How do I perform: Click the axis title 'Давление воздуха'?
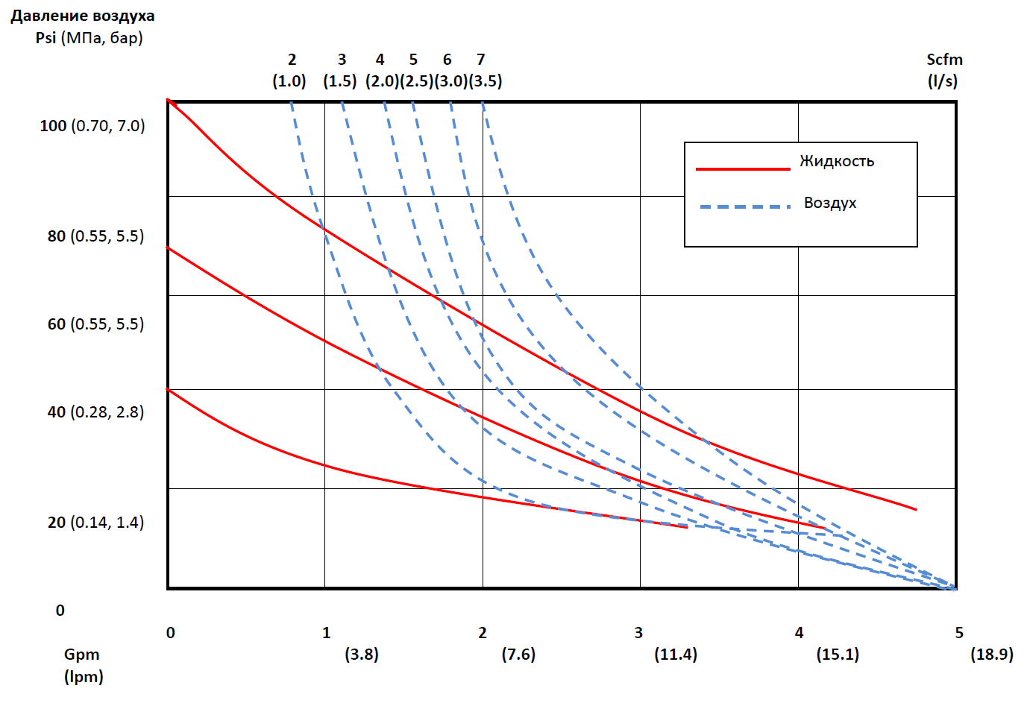click(x=83, y=16)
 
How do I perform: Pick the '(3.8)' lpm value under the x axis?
click(x=362, y=654)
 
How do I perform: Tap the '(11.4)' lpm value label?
click(x=676, y=654)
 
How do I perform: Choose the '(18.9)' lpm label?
click(x=992, y=654)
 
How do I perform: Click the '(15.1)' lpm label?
click(x=838, y=654)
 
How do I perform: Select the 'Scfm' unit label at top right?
click(x=944, y=60)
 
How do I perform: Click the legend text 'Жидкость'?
click(x=838, y=161)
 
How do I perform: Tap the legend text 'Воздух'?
click(x=830, y=203)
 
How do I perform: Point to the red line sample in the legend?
click(x=743, y=169)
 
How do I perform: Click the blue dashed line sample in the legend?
click(x=745, y=207)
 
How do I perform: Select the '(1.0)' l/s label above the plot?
click(x=289, y=81)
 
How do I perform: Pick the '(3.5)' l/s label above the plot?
click(x=486, y=81)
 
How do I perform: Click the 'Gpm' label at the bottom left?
click(x=81, y=655)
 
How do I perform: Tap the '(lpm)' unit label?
click(x=84, y=676)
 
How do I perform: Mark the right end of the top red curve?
click(x=917, y=509)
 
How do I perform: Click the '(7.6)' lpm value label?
click(x=518, y=654)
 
